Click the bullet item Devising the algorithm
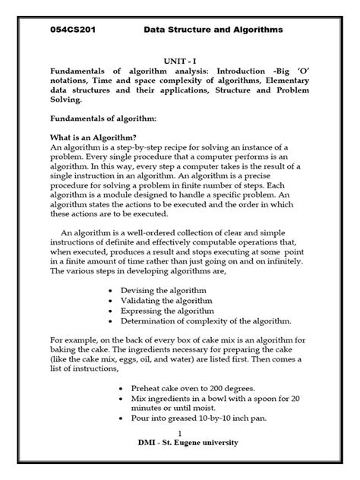(169, 291)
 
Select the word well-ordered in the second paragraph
(159, 233)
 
